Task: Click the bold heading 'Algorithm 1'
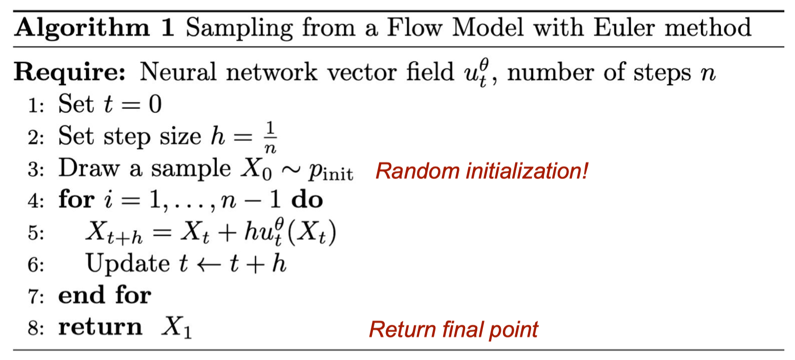pos(94,28)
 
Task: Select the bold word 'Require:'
pos(70,73)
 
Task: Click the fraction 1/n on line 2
pos(270,138)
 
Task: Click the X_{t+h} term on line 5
pos(114,233)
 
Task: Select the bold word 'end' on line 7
pos(81,295)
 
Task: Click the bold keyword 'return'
pos(100,327)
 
